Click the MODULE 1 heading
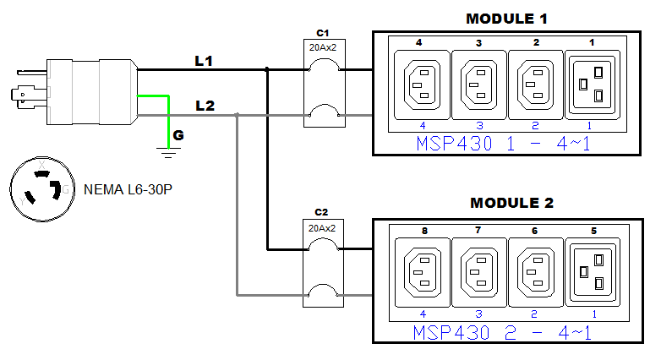coord(504,19)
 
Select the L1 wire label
coord(204,61)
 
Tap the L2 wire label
coord(204,106)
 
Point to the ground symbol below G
coord(170,153)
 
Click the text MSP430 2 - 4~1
coord(504,331)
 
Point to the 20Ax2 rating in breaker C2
coord(321,227)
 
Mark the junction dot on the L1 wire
coord(268,70)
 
